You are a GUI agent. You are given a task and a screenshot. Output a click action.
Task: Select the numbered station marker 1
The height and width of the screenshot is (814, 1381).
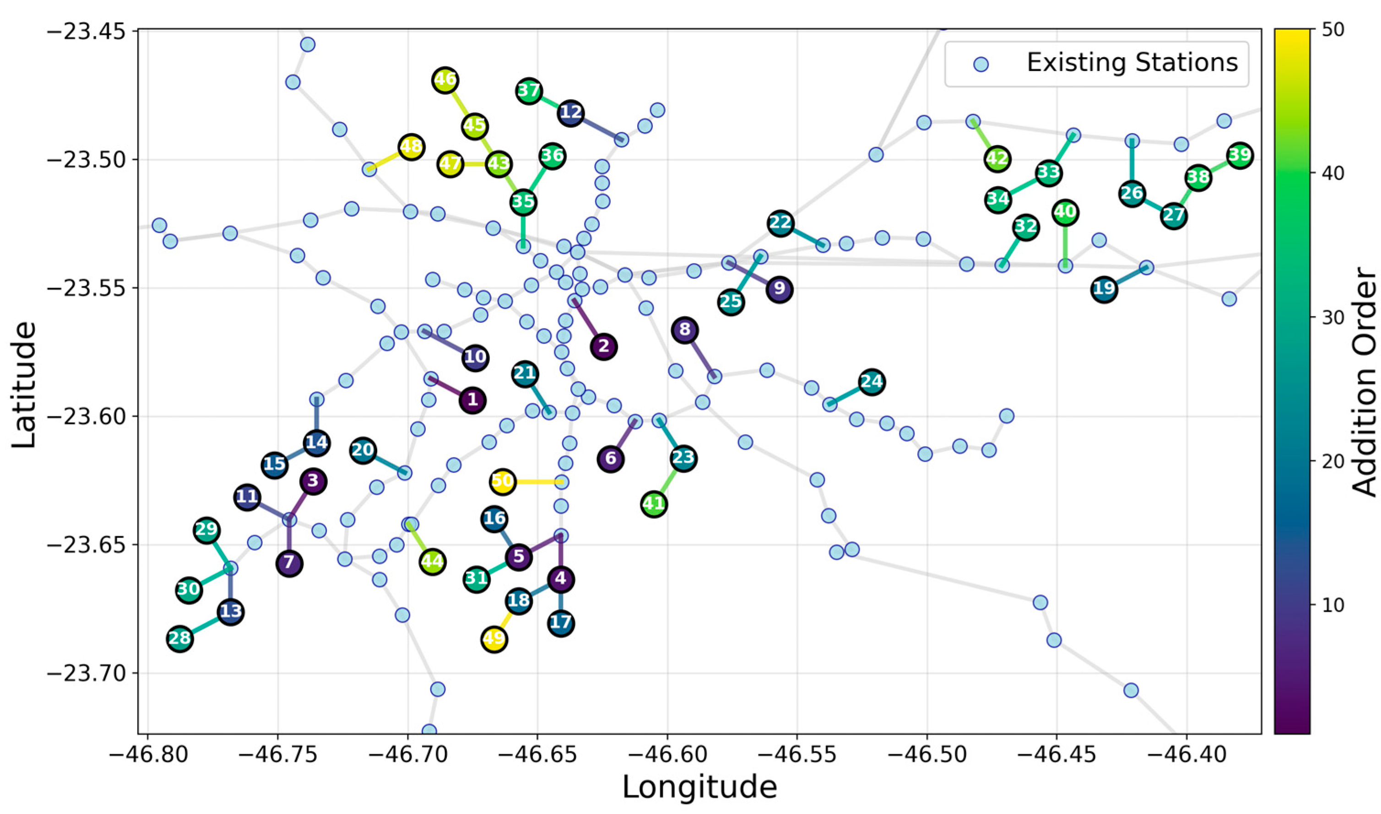coord(472,400)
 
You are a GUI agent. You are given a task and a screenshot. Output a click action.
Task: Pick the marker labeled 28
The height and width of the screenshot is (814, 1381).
coord(179,639)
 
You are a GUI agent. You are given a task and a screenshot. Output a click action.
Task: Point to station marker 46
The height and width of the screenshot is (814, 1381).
coord(445,80)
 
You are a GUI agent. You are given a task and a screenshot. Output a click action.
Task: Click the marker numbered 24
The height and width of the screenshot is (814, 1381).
coord(871,382)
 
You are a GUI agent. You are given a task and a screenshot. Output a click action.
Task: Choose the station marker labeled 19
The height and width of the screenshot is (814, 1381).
coord(1105,289)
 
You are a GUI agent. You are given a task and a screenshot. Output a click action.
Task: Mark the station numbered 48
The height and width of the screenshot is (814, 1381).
coord(411,147)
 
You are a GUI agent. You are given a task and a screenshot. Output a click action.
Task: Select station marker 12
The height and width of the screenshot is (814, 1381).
coord(571,113)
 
